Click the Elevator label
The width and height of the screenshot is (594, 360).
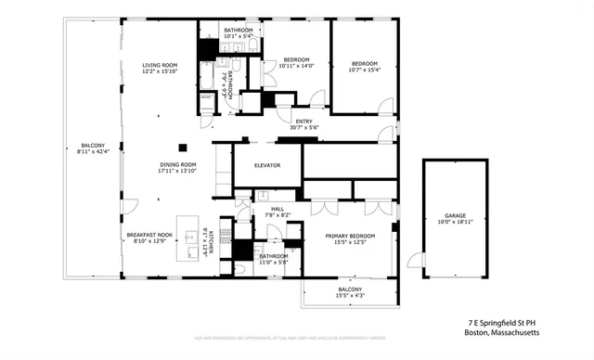(x=254, y=166)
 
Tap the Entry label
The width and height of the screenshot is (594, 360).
(x=303, y=122)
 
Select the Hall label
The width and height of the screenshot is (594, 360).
(x=277, y=209)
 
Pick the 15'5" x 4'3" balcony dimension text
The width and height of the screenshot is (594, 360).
(x=349, y=295)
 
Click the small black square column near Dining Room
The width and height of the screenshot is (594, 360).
(x=183, y=146)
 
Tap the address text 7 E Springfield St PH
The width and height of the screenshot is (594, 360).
(x=502, y=323)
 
